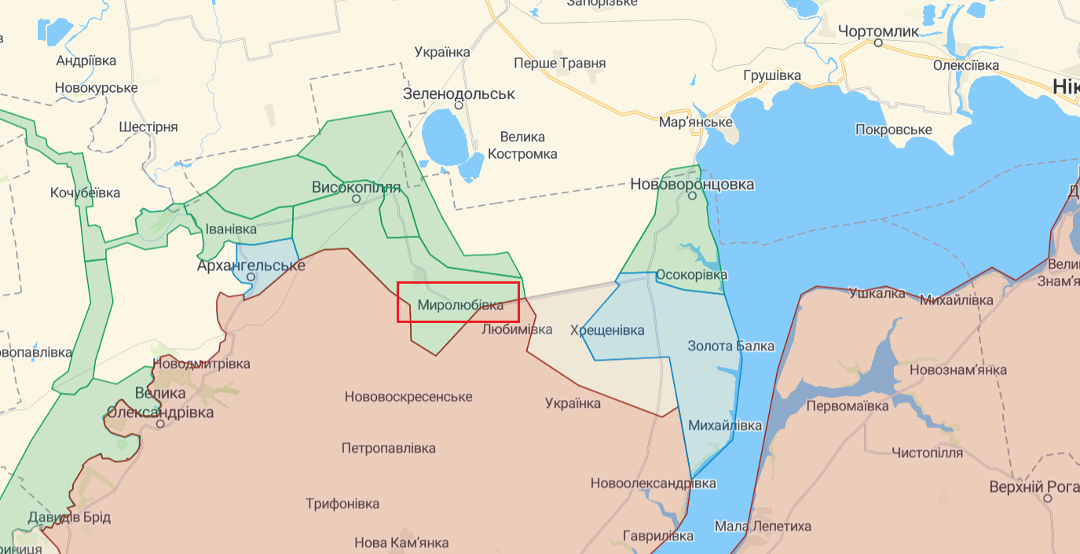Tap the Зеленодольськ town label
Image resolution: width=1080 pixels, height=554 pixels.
click(x=459, y=94)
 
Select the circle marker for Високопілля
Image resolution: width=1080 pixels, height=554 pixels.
click(x=356, y=199)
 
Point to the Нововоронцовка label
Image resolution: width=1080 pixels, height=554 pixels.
click(x=692, y=185)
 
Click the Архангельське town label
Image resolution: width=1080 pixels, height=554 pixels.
click(x=251, y=266)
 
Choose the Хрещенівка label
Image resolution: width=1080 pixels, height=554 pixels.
click(x=607, y=330)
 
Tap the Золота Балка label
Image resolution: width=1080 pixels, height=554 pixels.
click(x=730, y=346)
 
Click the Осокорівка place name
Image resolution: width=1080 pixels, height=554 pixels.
click(x=691, y=275)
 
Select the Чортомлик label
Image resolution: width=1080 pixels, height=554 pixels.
click(x=878, y=31)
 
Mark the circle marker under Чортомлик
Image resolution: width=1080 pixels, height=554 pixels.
click(x=879, y=44)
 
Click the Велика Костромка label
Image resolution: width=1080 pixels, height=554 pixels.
click(x=522, y=146)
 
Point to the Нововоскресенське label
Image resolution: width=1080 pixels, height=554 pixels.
click(x=408, y=397)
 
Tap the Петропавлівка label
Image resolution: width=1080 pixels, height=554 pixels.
click(x=388, y=449)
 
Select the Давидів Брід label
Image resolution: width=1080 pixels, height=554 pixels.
click(x=69, y=517)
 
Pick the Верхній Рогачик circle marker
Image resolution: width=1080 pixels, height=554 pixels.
click(x=1048, y=498)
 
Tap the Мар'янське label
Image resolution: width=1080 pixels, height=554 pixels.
click(x=696, y=123)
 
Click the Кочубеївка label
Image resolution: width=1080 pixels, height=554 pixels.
click(x=85, y=193)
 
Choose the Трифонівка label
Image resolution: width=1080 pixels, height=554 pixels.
click(x=342, y=504)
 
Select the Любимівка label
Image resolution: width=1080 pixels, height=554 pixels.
click(x=517, y=329)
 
